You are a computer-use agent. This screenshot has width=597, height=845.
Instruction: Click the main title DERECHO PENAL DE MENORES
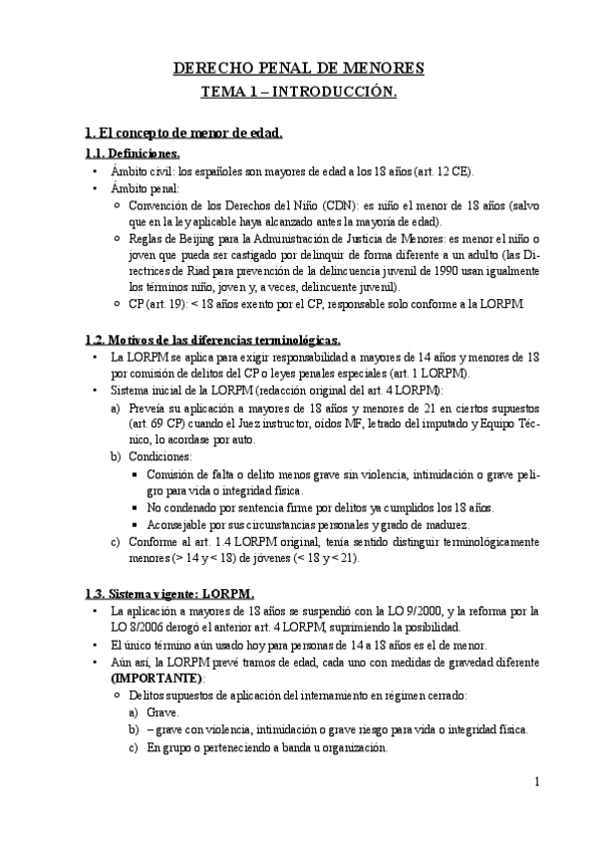point(299,69)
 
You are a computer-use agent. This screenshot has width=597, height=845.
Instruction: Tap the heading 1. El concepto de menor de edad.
point(184,132)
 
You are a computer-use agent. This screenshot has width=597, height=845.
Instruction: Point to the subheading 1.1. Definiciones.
point(133,153)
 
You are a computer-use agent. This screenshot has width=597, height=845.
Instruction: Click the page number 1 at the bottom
point(536,782)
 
